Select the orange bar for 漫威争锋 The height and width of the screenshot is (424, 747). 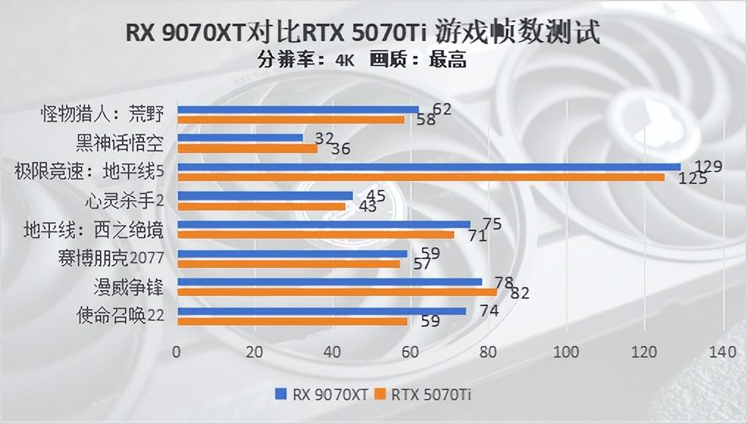click(x=337, y=292)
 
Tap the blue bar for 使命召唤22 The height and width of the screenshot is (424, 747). click(x=322, y=311)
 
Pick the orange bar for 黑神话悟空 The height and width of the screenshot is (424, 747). click(x=248, y=148)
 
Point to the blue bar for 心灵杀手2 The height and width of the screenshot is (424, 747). click(x=265, y=195)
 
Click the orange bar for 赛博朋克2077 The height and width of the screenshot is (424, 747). click(x=289, y=264)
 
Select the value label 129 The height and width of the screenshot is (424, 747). click(x=708, y=166)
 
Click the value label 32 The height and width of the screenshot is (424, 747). click(x=324, y=138)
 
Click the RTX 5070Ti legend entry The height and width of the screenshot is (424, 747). click(x=423, y=394)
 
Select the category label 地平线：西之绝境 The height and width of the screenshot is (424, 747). click(x=93, y=230)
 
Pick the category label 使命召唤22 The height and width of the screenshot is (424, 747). click(x=120, y=316)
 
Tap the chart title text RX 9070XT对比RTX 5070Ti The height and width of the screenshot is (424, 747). click(x=276, y=33)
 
